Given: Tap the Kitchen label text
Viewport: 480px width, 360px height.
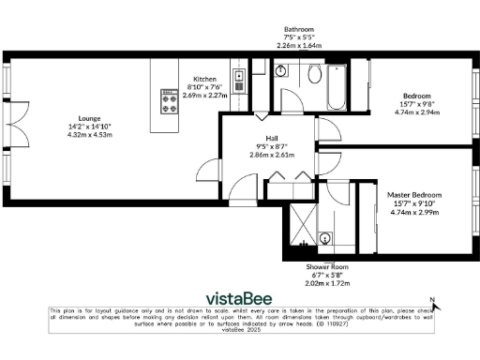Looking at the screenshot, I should coord(205,79).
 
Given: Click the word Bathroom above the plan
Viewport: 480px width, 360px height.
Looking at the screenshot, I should coord(300,29).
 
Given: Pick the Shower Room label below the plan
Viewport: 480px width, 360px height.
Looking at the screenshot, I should coord(326,267).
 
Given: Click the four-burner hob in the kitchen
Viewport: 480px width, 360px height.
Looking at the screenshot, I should coord(171,100).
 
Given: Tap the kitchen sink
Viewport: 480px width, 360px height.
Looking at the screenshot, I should coord(239,80).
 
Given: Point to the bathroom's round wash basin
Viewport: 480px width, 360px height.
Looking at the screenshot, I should coord(281,69).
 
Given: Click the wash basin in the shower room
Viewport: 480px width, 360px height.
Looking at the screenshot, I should coord(324,238).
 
